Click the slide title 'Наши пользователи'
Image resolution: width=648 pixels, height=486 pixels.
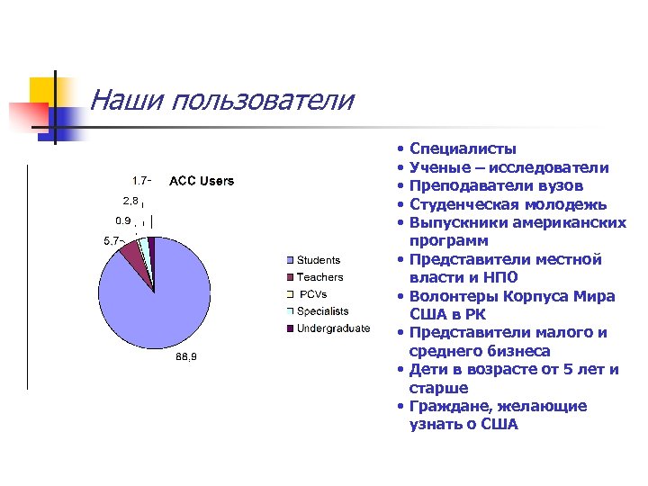click(x=222, y=100)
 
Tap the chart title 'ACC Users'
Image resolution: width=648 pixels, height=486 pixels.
click(x=202, y=181)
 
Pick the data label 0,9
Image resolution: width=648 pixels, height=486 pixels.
click(x=123, y=220)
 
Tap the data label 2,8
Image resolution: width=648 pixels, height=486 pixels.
click(x=131, y=200)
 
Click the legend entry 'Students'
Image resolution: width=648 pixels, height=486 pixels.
click(x=319, y=260)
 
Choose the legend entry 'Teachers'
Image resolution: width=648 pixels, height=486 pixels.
click(x=319, y=277)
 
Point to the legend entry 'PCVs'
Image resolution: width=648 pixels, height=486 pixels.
click(x=312, y=294)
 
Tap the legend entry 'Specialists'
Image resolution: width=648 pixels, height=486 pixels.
click(x=324, y=311)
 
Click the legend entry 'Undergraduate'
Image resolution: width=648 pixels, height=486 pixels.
click(x=333, y=328)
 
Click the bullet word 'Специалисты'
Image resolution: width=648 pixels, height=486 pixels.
click(x=463, y=148)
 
